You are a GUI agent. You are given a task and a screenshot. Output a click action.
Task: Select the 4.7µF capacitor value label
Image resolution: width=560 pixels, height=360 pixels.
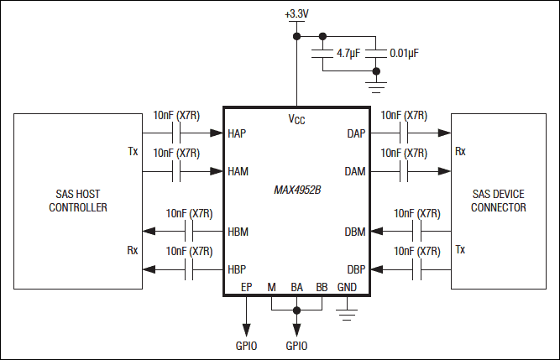tap(350, 53)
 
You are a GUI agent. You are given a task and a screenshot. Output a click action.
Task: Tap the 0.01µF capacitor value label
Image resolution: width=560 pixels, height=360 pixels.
tap(404, 53)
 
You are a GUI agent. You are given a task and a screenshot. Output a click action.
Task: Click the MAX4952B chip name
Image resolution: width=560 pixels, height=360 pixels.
tap(297, 190)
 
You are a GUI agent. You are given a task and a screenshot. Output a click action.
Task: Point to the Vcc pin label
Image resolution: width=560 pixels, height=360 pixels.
tap(296, 120)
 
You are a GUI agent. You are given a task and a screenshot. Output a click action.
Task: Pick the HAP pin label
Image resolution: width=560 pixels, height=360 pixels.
tap(238, 133)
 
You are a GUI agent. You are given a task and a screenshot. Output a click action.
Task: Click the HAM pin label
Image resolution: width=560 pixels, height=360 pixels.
tap(238, 171)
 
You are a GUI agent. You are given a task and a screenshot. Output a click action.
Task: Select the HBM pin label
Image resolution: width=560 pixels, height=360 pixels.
tap(238, 232)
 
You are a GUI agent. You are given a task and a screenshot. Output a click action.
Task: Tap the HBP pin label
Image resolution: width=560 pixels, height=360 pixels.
tap(238, 269)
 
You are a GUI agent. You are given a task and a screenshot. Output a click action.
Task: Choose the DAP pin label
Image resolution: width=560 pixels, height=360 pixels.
tap(355, 133)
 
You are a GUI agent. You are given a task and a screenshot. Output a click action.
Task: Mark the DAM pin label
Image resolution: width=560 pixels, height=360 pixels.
tap(355, 171)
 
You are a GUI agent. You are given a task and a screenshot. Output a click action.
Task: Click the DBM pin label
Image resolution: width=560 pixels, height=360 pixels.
tap(355, 232)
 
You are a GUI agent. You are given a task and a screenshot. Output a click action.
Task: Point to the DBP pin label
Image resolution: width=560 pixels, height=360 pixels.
tap(355, 269)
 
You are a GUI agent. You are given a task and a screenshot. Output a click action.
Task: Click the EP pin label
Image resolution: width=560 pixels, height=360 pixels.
tap(246, 287)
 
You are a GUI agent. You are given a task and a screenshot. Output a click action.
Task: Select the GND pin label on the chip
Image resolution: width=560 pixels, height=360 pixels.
tap(347, 287)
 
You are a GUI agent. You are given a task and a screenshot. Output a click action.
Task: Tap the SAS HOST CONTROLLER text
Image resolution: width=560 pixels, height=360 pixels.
tap(78, 201)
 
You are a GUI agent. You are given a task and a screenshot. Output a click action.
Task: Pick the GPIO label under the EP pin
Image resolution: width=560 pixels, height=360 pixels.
tap(246, 346)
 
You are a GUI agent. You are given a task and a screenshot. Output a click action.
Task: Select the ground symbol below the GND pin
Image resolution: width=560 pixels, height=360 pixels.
tap(347, 315)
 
